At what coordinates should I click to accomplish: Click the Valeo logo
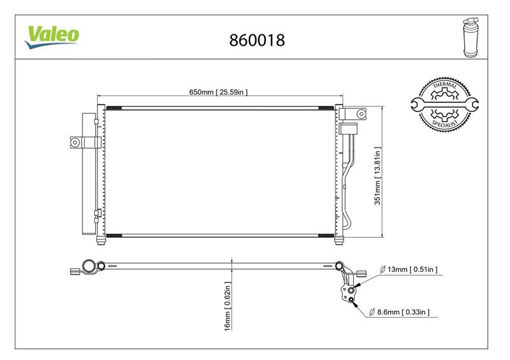[52, 37]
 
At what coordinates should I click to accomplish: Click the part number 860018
[257, 40]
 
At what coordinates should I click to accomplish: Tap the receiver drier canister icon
[470, 38]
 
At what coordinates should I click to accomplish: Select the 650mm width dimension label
[218, 92]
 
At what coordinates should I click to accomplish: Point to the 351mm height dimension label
[377, 176]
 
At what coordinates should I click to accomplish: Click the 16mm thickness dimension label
[228, 306]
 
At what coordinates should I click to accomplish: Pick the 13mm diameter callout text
[409, 270]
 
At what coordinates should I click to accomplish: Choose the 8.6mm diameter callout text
[400, 312]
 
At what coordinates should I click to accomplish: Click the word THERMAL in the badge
[444, 85]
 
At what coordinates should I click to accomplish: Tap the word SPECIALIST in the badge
[445, 124]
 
